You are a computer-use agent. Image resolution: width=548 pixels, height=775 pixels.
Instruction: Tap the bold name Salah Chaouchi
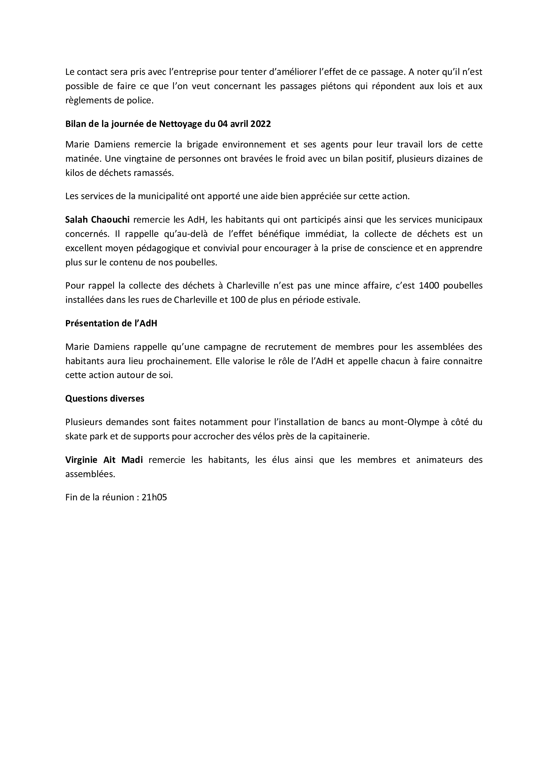(x=97, y=220)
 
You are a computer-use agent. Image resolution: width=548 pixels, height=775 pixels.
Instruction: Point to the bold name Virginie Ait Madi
(x=104, y=460)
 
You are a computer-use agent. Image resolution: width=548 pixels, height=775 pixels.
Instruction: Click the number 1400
(x=428, y=286)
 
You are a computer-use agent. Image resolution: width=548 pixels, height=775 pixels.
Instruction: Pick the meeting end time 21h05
(x=154, y=497)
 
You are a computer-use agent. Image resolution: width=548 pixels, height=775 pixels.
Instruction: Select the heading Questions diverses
(x=105, y=399)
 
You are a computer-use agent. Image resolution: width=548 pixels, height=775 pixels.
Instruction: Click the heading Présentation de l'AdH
(x=111, y=323)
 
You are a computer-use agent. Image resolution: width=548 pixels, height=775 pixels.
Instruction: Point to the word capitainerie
(x=348, y=436)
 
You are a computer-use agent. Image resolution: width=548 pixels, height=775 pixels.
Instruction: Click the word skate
(x=75, y=436)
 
